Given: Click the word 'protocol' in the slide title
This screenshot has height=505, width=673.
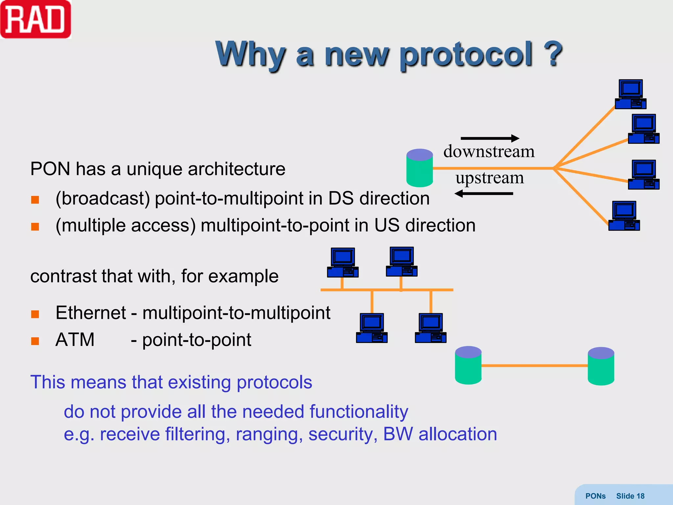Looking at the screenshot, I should tap(466, 55).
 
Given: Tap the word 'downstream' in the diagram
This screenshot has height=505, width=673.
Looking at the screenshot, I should tap(489, 152).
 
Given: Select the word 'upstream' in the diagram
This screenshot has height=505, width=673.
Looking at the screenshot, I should tap(489, 178).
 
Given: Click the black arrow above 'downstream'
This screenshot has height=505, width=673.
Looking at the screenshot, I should tap(490, 138).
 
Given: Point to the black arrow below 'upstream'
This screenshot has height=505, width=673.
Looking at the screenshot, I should tap(484, 194).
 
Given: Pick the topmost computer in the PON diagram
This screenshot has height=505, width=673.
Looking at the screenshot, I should tap(630, 94).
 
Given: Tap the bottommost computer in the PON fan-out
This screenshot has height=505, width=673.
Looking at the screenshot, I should tap(624, 216).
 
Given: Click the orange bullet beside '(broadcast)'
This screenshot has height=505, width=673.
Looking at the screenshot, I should tap(35, 200).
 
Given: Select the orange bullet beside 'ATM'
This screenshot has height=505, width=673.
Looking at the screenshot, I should tap(35, 341).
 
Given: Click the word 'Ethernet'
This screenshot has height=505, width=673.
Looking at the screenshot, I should tap(91, 313).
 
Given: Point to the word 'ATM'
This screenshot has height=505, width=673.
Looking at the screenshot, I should tap(75, 340).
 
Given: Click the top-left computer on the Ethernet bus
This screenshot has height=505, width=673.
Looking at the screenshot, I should tap(342, 262).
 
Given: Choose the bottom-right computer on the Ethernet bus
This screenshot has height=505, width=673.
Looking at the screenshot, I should tap(430, 328).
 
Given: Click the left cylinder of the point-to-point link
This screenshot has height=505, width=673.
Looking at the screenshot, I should tap(468, 365).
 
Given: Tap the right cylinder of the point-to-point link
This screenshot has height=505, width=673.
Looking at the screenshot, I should tap(601, 366).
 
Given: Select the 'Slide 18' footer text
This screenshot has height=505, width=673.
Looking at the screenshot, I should tap(630, 496).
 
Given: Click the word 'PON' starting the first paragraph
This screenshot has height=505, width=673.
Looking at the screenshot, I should tap(50, 169).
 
